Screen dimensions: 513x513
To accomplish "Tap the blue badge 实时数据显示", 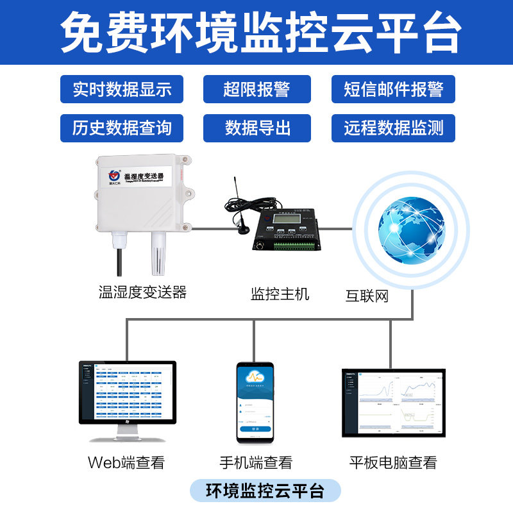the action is click(122, 89).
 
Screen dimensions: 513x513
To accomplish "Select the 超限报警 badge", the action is click(256, 89).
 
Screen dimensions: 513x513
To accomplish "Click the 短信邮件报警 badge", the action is click(393, 89).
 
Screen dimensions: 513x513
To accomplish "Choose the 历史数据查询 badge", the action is click(122, 128).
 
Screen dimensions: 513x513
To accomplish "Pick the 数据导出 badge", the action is click(256, 128).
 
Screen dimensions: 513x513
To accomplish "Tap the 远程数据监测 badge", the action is click(393, 128).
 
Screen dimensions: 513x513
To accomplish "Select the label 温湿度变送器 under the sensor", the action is click(142, 292).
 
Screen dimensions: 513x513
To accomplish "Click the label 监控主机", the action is click(280, 294).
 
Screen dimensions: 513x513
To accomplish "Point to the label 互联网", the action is click(367, 296).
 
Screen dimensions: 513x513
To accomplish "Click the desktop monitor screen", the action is click(127, 392).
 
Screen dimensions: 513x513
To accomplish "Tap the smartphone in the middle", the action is click(255, 402).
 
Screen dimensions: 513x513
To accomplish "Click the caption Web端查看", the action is click(126, 462).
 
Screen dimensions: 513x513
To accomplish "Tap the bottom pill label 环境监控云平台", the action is click(265, 491).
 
